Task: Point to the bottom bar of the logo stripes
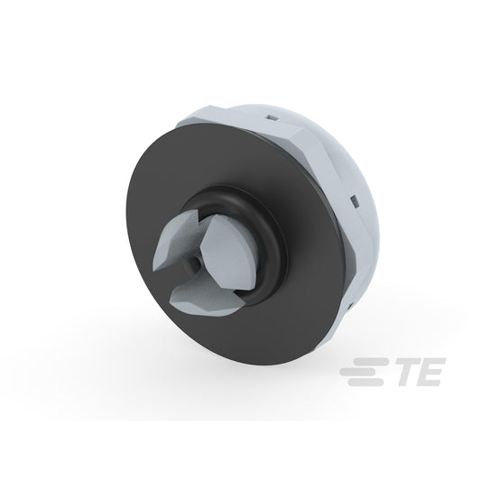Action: click(365, 383)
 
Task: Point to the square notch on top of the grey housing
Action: click(273, 117)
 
